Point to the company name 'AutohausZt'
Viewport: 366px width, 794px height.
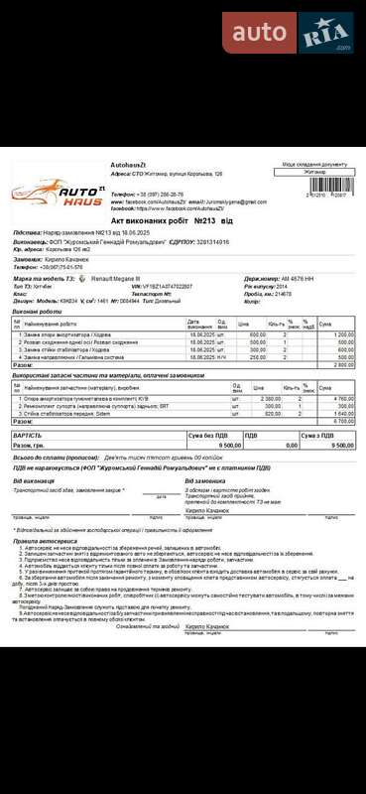coord(129,164)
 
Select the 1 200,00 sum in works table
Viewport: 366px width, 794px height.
coord(343,334)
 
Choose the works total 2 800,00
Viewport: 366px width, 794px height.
coord(343,365)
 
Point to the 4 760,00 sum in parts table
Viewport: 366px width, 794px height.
coord(343,398)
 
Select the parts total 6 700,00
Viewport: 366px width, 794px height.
coord(343,421)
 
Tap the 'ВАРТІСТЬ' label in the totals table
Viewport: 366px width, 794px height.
coord(27,435)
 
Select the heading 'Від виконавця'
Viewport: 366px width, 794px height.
coord(35,480)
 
